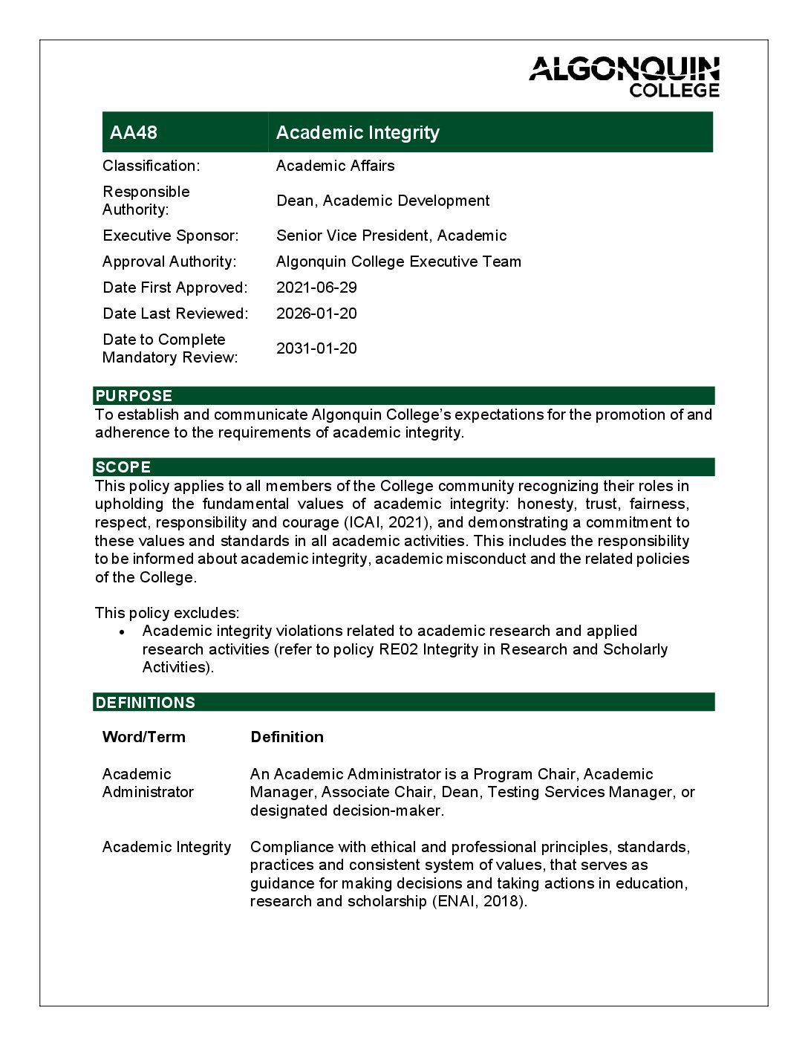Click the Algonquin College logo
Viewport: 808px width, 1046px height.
(x=624, y=77)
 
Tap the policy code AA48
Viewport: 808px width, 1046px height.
(x=134, y=132)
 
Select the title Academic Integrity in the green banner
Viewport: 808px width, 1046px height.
(x=357, y=132)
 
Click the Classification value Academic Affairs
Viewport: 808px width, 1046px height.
(x=335, y=166)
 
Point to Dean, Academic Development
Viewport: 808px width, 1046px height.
(x=382, y=201)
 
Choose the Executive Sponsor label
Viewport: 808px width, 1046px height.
(x=171, y=235)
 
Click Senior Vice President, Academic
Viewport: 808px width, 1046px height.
(x=391, y=235)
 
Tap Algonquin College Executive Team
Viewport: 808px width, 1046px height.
(x=398, y=261)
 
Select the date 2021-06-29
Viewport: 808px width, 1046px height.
(x=316, y=288)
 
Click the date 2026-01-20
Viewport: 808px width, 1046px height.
(x=316, y=314)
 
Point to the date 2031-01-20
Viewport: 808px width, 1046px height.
(x=316, y=348)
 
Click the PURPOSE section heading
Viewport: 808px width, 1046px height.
(x=134, y=396)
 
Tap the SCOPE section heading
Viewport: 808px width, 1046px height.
(x=123, y=467)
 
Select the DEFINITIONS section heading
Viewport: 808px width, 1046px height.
(x=146, y=703)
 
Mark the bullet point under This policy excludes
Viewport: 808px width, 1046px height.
(x=123, y=632)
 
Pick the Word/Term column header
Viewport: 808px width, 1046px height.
(x=144, y=737)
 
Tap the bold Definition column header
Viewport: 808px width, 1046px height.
(x=287, y=737)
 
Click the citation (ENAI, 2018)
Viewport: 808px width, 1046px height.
(x=480, y=901)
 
